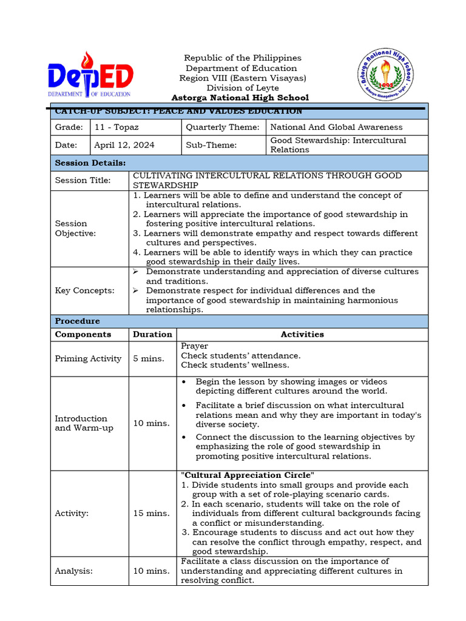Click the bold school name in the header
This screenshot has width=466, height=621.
pos(240,98)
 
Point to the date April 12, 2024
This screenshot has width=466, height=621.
pos(124,146)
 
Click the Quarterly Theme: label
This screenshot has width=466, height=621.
pos(223,127)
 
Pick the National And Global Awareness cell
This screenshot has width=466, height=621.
pos(336,127)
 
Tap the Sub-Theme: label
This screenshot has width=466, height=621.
pos(212,146)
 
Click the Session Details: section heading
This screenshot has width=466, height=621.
pos(90,163)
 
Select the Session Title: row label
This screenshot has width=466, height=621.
pos(83,181)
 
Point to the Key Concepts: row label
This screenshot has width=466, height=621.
pos(85,291)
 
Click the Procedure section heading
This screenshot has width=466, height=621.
pos(78,321)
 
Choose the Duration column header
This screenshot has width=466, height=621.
pos(152,335)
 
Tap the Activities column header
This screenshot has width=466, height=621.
pos(302,335)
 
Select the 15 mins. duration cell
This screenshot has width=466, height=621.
pos(152,514)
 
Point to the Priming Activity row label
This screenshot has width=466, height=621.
pos(88,359)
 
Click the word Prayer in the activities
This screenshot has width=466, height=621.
pos(194,346)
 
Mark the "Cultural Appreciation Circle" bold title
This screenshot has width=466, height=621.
pos(248,475)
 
